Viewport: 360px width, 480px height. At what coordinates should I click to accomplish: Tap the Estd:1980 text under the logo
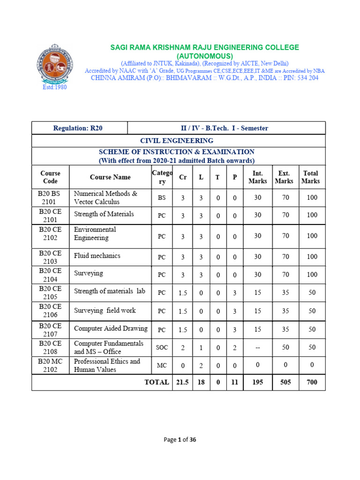coord(55,87)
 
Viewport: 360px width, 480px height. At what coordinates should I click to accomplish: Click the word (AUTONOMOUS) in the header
coord(204,56)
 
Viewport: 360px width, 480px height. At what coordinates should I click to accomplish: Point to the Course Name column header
coord(110,177)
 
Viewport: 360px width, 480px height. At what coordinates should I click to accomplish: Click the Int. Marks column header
coord(257,177)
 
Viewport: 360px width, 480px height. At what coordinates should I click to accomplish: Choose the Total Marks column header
coord(310,177)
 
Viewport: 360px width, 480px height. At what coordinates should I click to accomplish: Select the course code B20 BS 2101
coord(50,198)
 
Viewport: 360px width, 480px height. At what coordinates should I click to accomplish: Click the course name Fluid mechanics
coord(97,256)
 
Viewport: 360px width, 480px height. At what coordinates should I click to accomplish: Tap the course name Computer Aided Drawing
coord(111,329)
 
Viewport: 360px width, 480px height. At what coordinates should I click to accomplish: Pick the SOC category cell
coord(162,347)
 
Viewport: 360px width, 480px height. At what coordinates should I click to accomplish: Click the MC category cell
coord(162,365)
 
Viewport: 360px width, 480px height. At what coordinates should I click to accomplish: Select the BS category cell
coord(162,198)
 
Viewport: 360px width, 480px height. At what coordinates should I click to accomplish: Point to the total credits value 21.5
coord(182,382)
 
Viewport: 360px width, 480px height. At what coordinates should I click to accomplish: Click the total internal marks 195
coord(257,382)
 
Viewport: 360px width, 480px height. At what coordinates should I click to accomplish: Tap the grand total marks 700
coord(311,382)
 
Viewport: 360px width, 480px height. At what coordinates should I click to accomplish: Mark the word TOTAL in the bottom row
coord(157,382)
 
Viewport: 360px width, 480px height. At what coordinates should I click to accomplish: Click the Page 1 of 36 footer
coord(180,440)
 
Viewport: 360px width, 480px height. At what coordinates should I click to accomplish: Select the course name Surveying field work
coord(105,310)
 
